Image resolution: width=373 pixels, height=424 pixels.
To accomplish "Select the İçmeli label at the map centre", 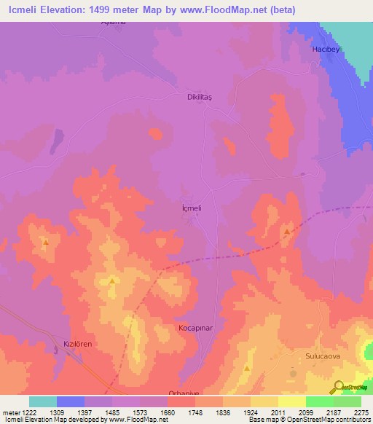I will [190, 208].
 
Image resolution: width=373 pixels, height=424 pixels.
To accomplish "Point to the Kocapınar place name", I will [195, 329].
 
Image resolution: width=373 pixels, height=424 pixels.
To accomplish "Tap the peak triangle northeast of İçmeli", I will [287, 232].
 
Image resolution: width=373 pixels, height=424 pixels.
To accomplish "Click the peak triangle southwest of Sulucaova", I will [247, 369].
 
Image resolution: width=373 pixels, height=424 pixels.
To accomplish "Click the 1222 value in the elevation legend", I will [27, 412].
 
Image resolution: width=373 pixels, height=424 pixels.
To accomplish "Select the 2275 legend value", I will [362, 412].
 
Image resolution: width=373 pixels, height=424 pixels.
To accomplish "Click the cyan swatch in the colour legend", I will [43, 401].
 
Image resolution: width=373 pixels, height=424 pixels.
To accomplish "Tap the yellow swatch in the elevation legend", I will [291, 401].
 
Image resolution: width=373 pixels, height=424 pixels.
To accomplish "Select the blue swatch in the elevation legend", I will [71, 401].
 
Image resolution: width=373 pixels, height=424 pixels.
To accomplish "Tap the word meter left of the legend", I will [11, 412].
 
